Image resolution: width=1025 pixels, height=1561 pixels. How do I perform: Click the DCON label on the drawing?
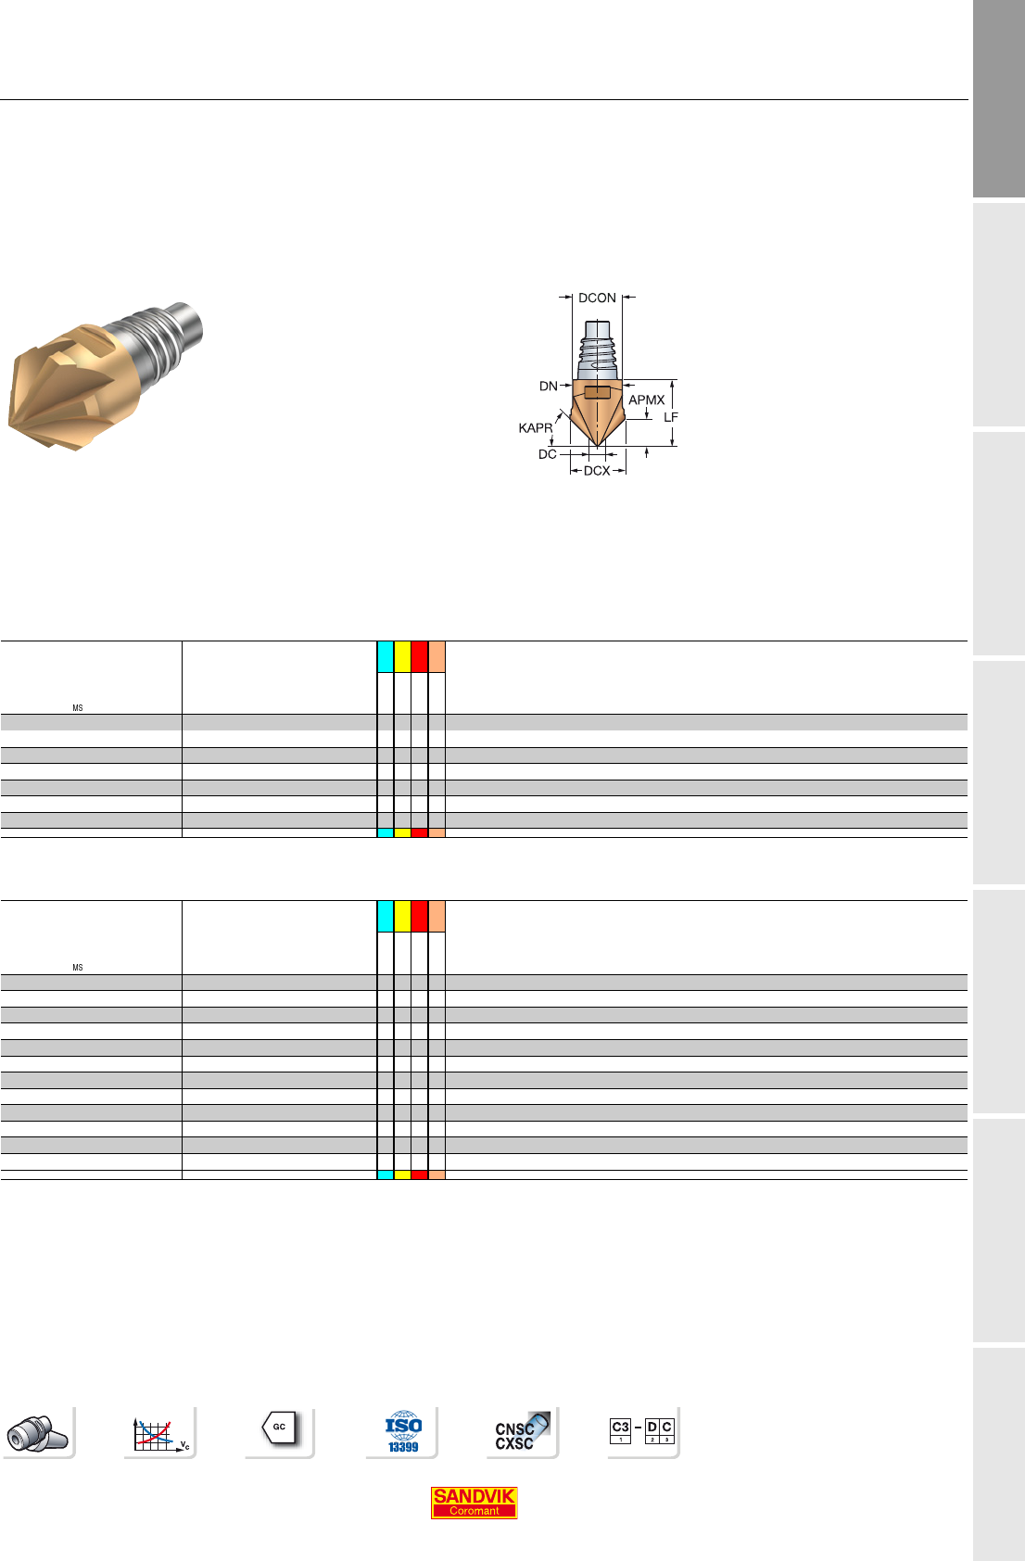coord(597,298)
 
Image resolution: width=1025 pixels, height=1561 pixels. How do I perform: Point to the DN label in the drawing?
coord(549,386)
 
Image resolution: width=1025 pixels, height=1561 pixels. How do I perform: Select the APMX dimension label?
coord(647,400)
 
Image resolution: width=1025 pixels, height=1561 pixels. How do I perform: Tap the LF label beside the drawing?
coord(670,417)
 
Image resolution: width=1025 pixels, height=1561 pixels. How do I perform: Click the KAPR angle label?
coord(535,428)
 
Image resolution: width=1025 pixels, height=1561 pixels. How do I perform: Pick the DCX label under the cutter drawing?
coord(597,471)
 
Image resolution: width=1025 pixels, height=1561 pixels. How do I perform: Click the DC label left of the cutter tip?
coord(548,454)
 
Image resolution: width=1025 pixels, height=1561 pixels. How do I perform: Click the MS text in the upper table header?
coord(77,708)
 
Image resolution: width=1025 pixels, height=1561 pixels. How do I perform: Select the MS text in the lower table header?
coord(77,967)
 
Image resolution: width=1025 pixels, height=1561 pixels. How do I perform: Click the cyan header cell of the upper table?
coord(386,656)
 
